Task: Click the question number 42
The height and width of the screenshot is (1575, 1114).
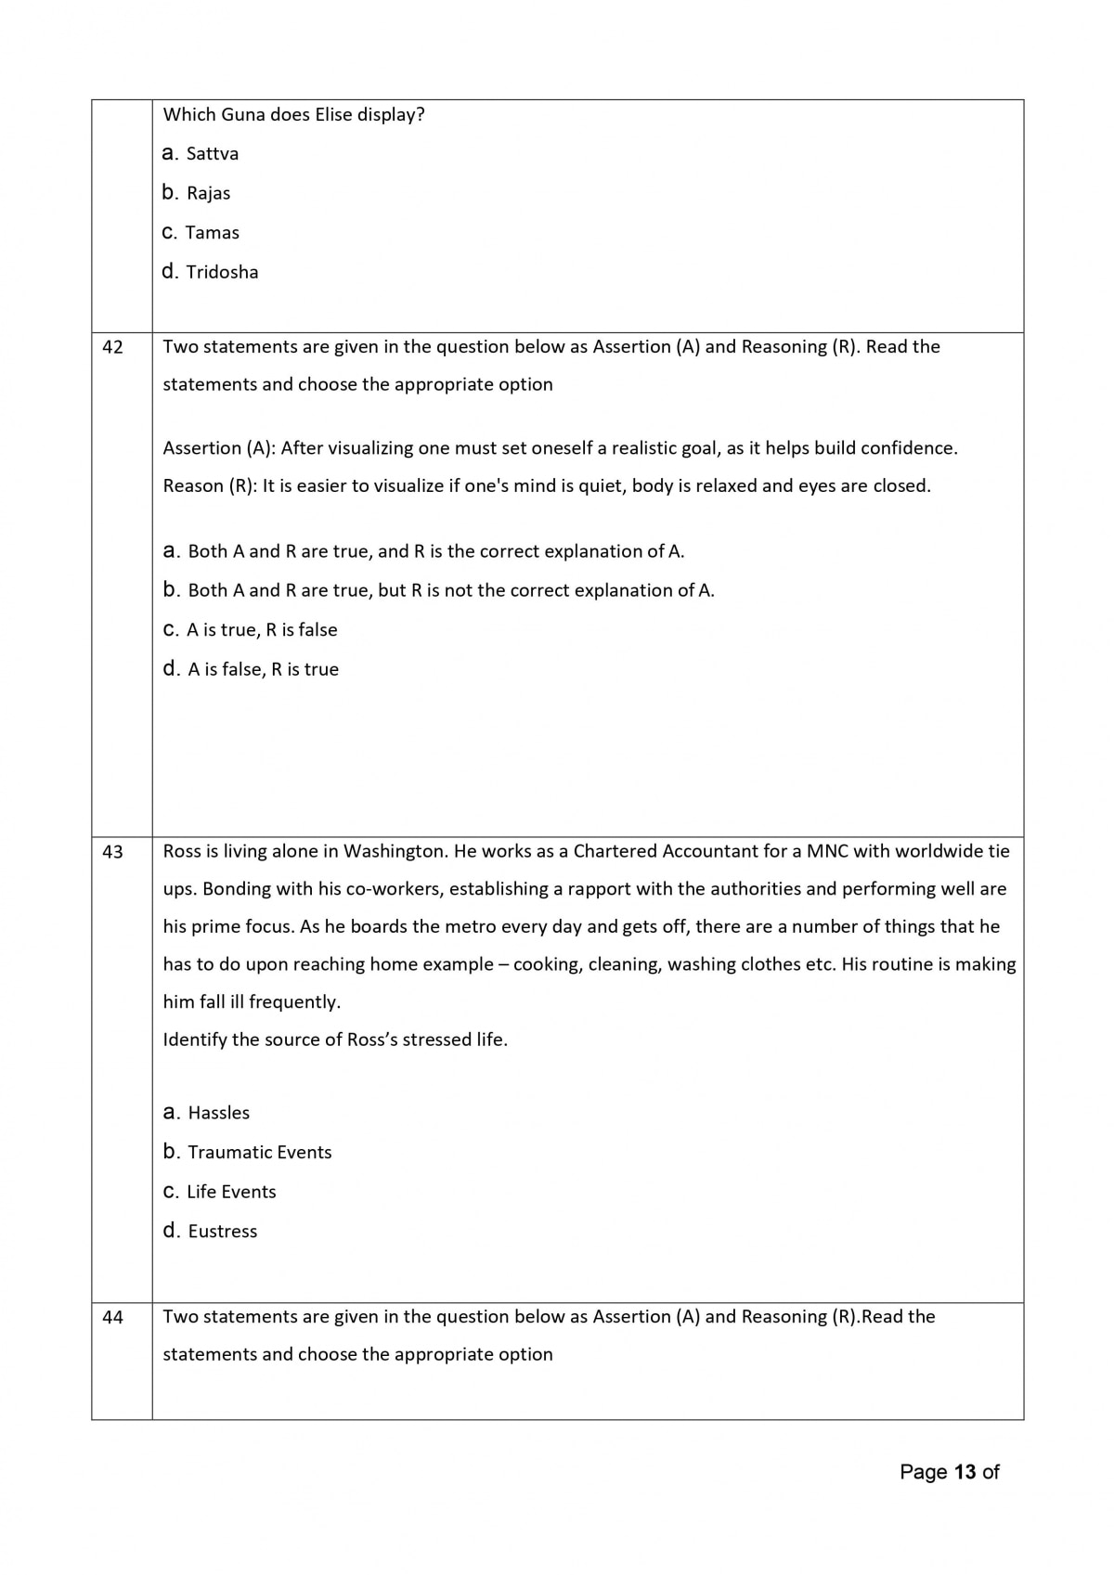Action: coord(112,347)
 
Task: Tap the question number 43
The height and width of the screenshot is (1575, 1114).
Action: coord(112,852)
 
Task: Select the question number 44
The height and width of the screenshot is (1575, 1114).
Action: coord(112,1317)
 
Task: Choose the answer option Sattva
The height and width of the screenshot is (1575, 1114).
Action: coord(212,154)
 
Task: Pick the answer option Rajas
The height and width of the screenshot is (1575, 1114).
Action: coord(208,194)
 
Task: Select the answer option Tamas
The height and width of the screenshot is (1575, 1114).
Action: coord(212,233)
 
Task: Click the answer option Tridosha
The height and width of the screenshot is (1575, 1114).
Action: coord(222,273)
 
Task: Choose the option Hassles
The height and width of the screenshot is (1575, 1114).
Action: coord(218,1113)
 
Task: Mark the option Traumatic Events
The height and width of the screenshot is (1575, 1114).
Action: coord(259,1153)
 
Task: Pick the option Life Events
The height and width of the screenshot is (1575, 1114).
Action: coord(231,1192)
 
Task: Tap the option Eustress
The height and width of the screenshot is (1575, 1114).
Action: coord(222,1232)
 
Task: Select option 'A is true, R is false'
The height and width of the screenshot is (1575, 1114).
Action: coord(262,630)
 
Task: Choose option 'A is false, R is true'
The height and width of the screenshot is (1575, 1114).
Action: coord(263,670)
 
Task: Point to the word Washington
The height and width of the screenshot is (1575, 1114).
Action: coord(395,851)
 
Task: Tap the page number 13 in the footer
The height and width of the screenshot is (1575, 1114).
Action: coord(965,1472)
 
